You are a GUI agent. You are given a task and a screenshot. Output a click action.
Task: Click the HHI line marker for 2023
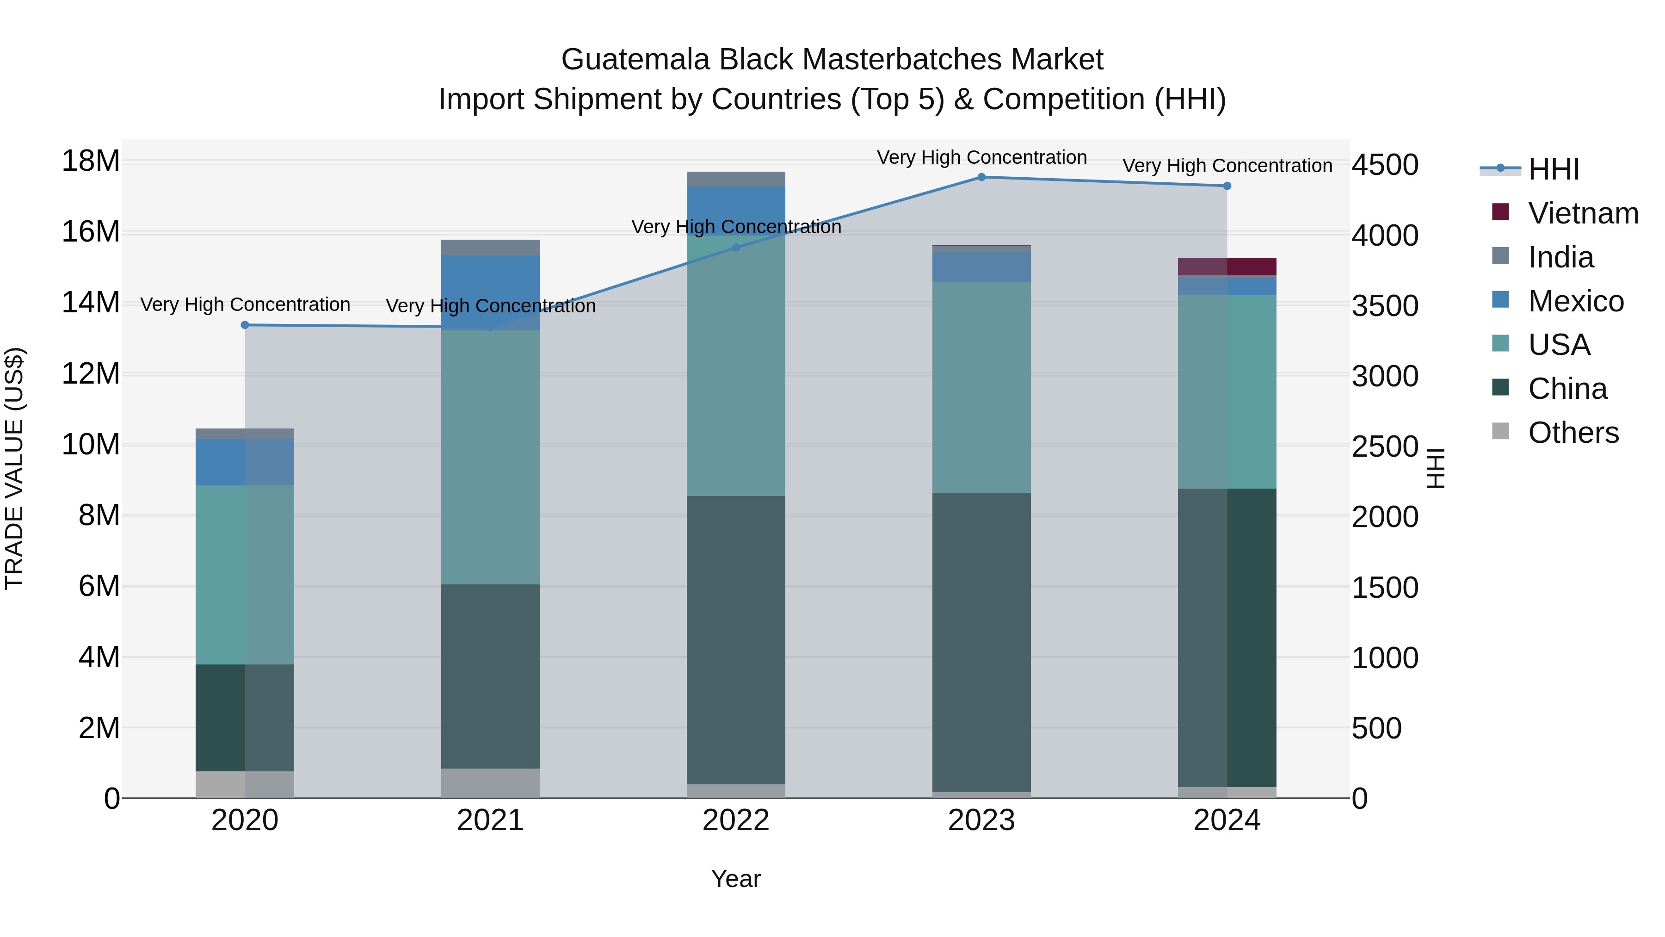[x=981, y=177]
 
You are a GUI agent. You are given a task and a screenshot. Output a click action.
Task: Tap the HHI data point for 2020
[x=245, y=325]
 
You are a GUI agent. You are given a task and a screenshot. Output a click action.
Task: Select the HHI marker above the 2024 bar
[x=1227, y=186]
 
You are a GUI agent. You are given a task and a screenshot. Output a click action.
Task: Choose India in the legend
[x=1560, y=257]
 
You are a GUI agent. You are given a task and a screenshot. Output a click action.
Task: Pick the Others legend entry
[x=1573, y=433]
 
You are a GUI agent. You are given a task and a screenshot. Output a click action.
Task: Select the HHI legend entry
[x=1554, y=169]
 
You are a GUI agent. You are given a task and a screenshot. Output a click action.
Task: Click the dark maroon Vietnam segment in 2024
[x=1227, y=267]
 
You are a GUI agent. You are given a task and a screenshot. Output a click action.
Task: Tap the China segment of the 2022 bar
[x=735, y=640]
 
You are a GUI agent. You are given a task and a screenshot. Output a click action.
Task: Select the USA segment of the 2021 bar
[x=490, y=457]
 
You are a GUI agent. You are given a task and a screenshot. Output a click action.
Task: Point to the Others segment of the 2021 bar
[x=490, y=782]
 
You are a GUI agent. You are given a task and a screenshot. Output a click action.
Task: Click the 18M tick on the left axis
[x=91, y=161]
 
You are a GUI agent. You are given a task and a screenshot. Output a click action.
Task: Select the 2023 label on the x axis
[x=981, y=820]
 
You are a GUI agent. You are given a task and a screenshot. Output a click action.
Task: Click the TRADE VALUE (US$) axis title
[x=15, y=468]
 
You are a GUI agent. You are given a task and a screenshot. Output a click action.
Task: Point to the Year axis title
[x=735, y=879]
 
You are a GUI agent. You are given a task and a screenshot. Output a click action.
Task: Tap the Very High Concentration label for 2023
[x=981, y=157]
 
